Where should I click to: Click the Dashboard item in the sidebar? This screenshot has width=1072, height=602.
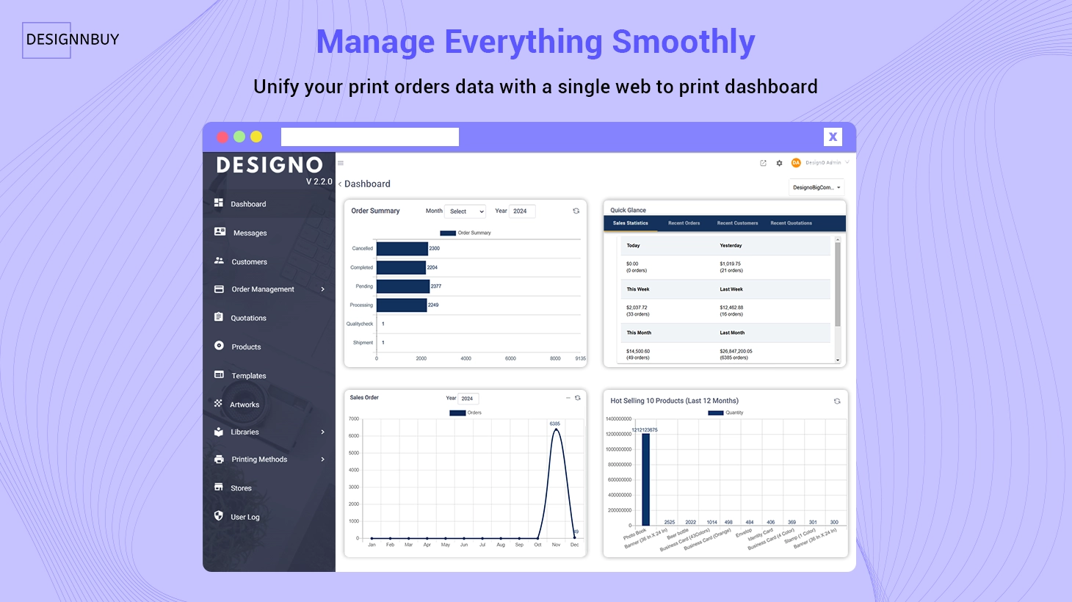click(x=247, y=204)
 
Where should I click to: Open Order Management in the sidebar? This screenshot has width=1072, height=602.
click(x=262, y=289)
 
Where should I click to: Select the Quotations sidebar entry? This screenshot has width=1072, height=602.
click(x=248, y=318)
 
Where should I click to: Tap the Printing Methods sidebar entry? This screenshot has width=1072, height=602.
click(x=259, y=460)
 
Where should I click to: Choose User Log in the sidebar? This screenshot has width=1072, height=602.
click(x=245, y=517)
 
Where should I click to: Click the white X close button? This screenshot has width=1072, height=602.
click(x=833, y=137)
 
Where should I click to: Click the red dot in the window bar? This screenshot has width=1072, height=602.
click(x=222, y=137)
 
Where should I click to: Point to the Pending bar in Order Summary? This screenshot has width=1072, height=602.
click(x=402, y=286)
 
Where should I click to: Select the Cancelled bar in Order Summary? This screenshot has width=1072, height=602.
click(x=402, y=249)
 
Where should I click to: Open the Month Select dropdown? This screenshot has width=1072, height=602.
click(x=466, y=211)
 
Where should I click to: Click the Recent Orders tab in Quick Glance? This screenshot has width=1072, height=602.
click(x=684, y=223)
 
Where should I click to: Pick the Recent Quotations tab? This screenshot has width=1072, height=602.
click(x=791, y=223)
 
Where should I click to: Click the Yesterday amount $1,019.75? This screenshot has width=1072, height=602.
click(x=731, y=264)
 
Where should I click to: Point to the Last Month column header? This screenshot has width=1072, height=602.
click(x=732, y=333)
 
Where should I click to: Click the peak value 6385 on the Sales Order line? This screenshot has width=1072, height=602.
click(x=555, y=424)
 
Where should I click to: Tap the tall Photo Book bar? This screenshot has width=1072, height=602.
click(x=645, y=479)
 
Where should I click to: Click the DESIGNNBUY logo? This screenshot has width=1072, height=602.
click(x=72, y=40)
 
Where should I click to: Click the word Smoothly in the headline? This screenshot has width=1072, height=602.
click(x=683, y=42)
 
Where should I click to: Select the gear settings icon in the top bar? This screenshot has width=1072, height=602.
click(x=779, y=163)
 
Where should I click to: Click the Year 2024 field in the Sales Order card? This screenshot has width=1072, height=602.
click(x=468, y=399)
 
